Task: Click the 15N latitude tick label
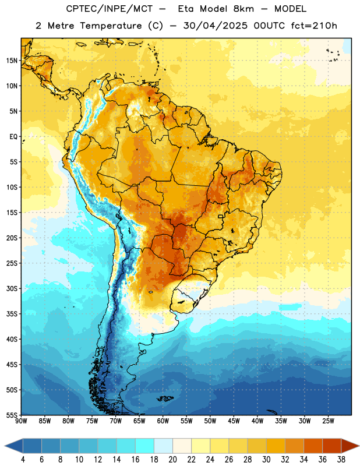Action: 12,61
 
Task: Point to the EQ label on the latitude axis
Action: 13,137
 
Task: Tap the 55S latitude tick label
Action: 12,415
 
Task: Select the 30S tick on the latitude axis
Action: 12,288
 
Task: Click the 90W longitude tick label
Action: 21,421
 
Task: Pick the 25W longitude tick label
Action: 328,421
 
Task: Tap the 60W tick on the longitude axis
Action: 163,421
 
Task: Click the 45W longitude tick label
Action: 234,421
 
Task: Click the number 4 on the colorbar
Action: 23,460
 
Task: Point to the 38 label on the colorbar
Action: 341,460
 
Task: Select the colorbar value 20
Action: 172,460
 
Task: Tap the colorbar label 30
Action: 266,460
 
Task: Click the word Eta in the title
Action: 185,9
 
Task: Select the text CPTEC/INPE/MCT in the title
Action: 110,9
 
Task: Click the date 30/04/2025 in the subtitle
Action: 215,26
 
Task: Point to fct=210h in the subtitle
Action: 314,26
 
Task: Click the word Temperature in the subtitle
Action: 111,26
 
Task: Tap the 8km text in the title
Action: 243,9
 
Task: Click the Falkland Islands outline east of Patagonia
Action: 165,398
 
